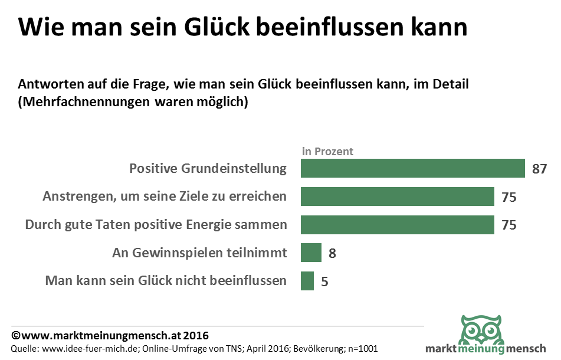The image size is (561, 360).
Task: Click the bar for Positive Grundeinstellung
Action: coord(412,168)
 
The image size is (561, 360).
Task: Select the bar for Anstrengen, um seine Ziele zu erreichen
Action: coord(397,197)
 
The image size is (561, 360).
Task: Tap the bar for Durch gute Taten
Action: coord(397,225)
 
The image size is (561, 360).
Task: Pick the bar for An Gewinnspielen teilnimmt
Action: coord(311,253)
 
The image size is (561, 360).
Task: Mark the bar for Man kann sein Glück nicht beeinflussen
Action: coord(307,281)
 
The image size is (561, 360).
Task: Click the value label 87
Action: coord(539,169)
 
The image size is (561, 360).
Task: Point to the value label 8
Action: coord(332,253)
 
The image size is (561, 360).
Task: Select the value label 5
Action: coord(324,282)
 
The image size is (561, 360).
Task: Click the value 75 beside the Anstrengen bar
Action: coord(508,197)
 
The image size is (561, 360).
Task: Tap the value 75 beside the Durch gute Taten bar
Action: coord(508,225)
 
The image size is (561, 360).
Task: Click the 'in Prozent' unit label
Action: coord(327,151)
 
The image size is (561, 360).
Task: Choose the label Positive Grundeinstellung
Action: coord(208,168)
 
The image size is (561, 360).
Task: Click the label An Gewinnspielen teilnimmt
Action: coord(199,253)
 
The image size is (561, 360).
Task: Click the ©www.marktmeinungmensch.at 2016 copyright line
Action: coord(110,335)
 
